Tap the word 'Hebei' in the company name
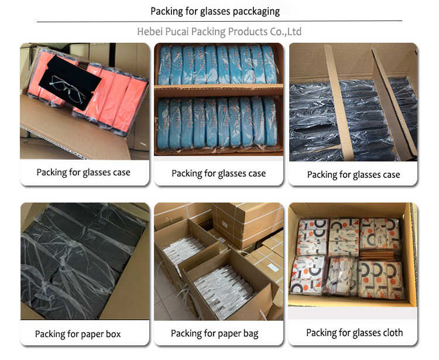pyautogui.click(x=150, y=32)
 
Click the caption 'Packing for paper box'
pyautogui.click(x=78, y=334)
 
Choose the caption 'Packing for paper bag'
pyautogui.click(x=214, y=334)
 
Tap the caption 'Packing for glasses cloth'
pyautogui.click(x=354, y=333)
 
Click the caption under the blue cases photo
pyautogui.click(x=218, y=173)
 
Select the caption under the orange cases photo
pyautogui.click(x=83, y=172)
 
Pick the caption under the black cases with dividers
pyautogui.click(x=354, y=174)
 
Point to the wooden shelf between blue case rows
pyautogui.click(x=218, y=91)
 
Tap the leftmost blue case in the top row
pyautogui.click(x=166, y=64)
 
